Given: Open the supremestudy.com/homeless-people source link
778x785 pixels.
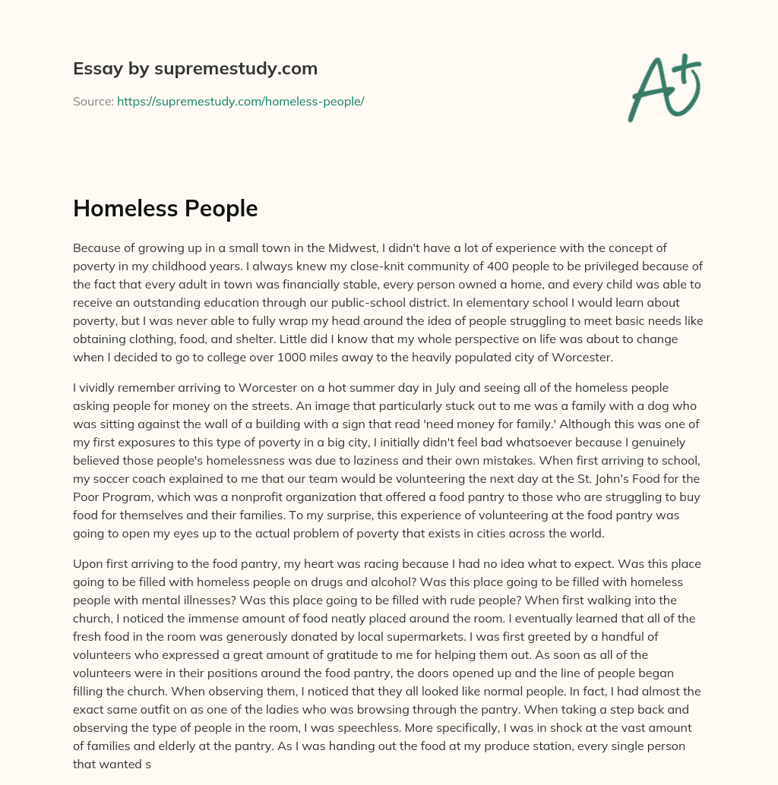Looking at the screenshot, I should (240, 101).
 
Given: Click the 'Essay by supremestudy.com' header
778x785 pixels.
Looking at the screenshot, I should (195, 69).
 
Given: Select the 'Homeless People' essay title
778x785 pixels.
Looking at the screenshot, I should (165, 209).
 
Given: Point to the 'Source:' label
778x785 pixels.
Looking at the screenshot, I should (93, 101).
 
